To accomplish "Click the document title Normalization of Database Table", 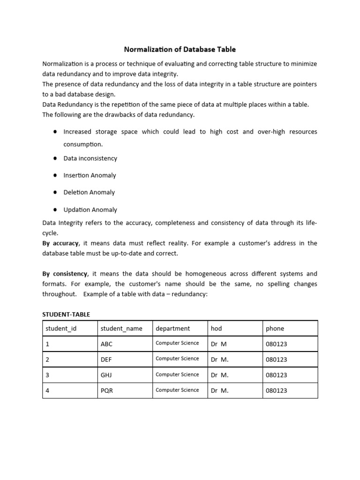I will point(180,49).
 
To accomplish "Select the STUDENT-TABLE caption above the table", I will point(66,314).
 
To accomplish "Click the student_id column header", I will point(60,329).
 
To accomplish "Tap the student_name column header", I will point(121,329).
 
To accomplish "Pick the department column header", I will point(173,329).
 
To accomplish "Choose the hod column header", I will point(216,329).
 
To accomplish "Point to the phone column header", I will point(275,329).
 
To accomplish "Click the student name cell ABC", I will point(107,344).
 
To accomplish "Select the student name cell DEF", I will point(107,360).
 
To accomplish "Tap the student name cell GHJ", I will point(107,375).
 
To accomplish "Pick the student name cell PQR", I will point(107,390).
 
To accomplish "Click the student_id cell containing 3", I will point(47,375).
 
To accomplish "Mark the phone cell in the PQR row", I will point(277,390).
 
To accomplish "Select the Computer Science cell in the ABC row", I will point(177,343).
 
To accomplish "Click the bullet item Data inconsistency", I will point(90,158).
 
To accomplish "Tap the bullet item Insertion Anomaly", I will point(90,175).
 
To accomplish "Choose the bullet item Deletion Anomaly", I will point(89,192).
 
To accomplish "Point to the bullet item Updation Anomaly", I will point(90,210).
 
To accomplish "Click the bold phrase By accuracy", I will point(61,243).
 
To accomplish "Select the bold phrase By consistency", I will point(65,274).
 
